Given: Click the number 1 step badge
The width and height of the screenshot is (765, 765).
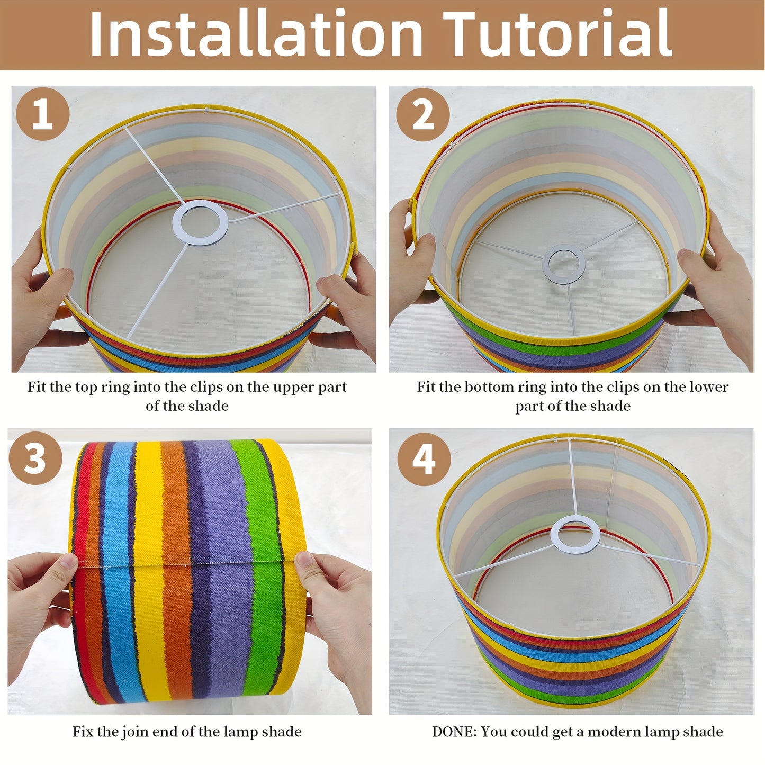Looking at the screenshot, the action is (x=42, y=114).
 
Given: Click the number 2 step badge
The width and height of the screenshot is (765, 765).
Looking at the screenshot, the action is (x=423, y=114).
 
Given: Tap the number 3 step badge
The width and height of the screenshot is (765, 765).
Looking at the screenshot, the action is (x=35, y=458).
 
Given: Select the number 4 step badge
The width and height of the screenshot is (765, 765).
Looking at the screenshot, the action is (x=424, y=460).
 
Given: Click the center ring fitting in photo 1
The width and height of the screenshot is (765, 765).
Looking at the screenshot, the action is (x=200, y=222).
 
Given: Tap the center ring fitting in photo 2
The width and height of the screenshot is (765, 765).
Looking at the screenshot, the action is (x=563, y=264).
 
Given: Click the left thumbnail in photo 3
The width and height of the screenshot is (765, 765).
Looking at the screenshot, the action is (x=69, y=561).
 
